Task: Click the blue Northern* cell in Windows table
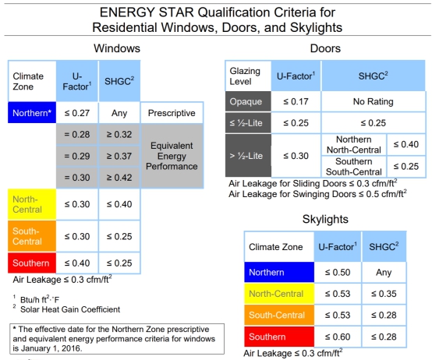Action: [32, 112]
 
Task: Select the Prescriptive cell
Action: [172, 113]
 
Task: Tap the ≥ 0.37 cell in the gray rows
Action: [119, 156]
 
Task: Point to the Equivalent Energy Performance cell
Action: [172, 156]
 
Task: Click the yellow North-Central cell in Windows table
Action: [32, 204]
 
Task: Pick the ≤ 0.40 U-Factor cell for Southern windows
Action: [77, 263]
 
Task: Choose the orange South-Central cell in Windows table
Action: [32, 236]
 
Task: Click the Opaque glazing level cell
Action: [248, 101]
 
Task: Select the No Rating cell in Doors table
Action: [374, 101]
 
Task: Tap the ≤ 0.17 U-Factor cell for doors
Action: [296, 101]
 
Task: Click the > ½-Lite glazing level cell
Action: [248, 156]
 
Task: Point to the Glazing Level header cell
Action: [248, 76]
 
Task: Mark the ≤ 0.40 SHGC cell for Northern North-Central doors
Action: [406, 144]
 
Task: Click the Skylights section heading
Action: [325, 220]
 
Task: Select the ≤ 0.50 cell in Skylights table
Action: [338, 273]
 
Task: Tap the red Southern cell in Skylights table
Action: [279, 337]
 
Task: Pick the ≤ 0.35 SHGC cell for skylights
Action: [384, 294]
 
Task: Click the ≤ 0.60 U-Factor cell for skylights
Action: [338, 337]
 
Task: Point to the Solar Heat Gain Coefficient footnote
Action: [70, 309]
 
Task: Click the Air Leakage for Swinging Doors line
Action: [317, 194]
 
